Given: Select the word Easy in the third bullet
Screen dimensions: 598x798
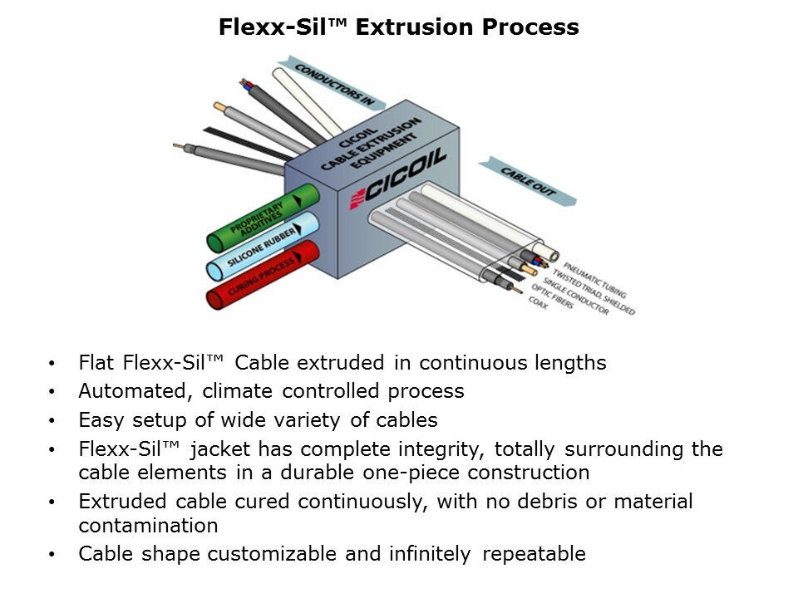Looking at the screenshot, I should tap(100, 419).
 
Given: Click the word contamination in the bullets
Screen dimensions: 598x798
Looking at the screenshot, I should tap(149, 526).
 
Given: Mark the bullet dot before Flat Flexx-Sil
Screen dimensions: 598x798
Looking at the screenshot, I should tap(54, 364).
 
